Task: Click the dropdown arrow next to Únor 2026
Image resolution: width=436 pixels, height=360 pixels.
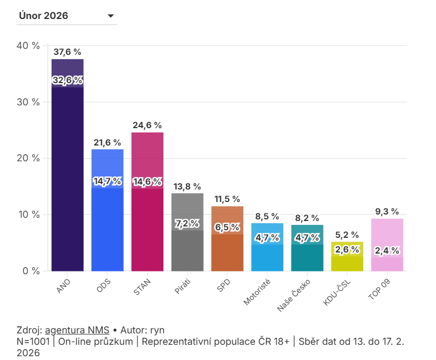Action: point(111,16)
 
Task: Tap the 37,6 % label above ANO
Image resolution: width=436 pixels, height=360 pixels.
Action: point(67,52)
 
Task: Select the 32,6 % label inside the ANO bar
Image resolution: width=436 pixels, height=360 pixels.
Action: point(67,80)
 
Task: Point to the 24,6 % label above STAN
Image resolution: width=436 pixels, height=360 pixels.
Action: point(147,125)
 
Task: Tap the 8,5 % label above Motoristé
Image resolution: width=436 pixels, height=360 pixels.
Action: point(267,216)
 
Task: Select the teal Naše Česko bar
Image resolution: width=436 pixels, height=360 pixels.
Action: point(307,258)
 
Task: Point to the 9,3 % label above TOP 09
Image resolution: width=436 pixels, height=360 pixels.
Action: point(387,212)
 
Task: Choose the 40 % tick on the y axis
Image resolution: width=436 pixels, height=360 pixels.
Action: point(29,46)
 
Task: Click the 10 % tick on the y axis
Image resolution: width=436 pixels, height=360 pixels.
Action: point(29,214)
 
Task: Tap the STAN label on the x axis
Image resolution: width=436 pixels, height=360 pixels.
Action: point(142,285)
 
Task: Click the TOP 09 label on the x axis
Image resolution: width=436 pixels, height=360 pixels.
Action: point(381,288)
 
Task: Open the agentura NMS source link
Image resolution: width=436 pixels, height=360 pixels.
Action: point(77,330)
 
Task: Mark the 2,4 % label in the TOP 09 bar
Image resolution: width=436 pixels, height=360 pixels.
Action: point(387,250)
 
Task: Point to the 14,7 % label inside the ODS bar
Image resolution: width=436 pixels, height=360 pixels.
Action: point(108,181)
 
